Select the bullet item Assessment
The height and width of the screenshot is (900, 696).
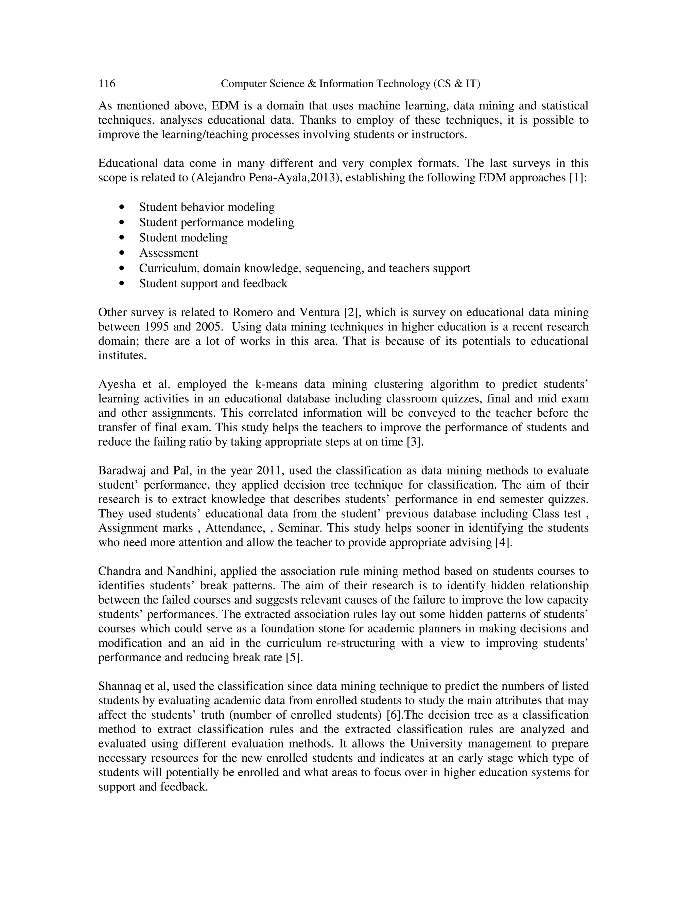168,253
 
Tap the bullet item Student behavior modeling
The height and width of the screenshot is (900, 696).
207,207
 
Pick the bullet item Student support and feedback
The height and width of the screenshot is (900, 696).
213,284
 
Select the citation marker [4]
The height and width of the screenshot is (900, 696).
503,542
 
